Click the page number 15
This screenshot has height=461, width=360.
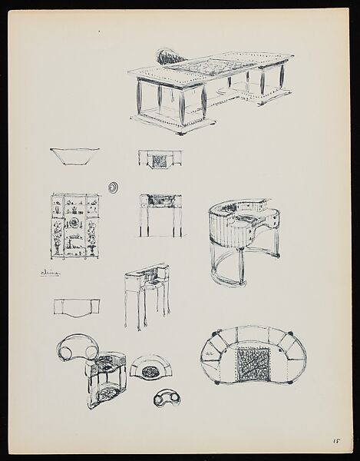coord(335,441)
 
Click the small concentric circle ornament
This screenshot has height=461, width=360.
coord(115,185)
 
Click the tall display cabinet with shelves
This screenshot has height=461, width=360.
coord(74,227)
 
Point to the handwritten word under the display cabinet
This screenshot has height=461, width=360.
coord(51,272)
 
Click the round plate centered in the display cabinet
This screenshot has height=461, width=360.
coord(75,223)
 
